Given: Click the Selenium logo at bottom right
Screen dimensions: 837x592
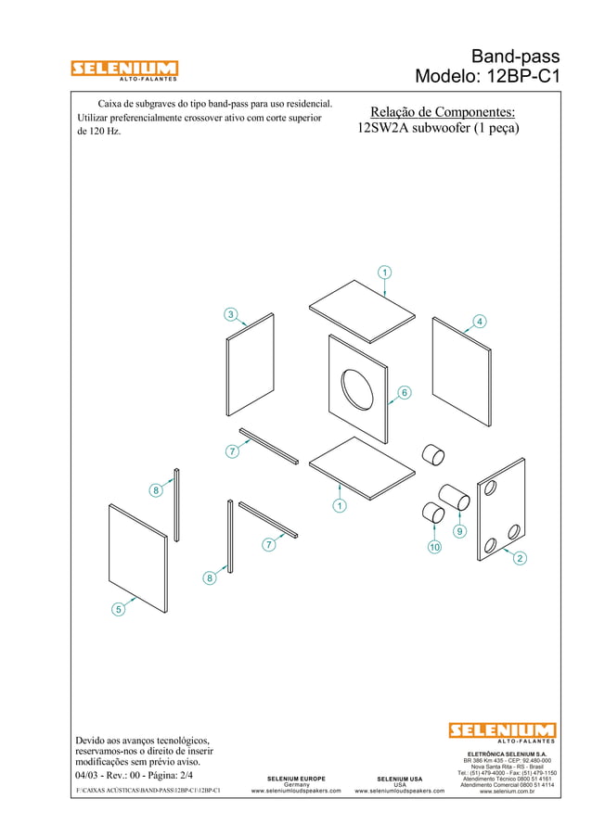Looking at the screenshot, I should point(502,733).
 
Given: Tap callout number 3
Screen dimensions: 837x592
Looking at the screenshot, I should point(230,314).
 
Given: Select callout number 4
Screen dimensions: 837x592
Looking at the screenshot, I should point(479,321).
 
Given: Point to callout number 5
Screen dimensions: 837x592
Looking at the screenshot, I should point(118,609).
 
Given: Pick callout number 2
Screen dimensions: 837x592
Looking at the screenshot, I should point(520,558).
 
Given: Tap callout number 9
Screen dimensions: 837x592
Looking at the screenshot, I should point(458,531).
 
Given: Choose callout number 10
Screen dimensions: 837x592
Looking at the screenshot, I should point(432,549).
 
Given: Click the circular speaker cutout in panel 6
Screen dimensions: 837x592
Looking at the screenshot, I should point(357,388).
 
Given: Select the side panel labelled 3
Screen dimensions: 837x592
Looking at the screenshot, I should point(250,366).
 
